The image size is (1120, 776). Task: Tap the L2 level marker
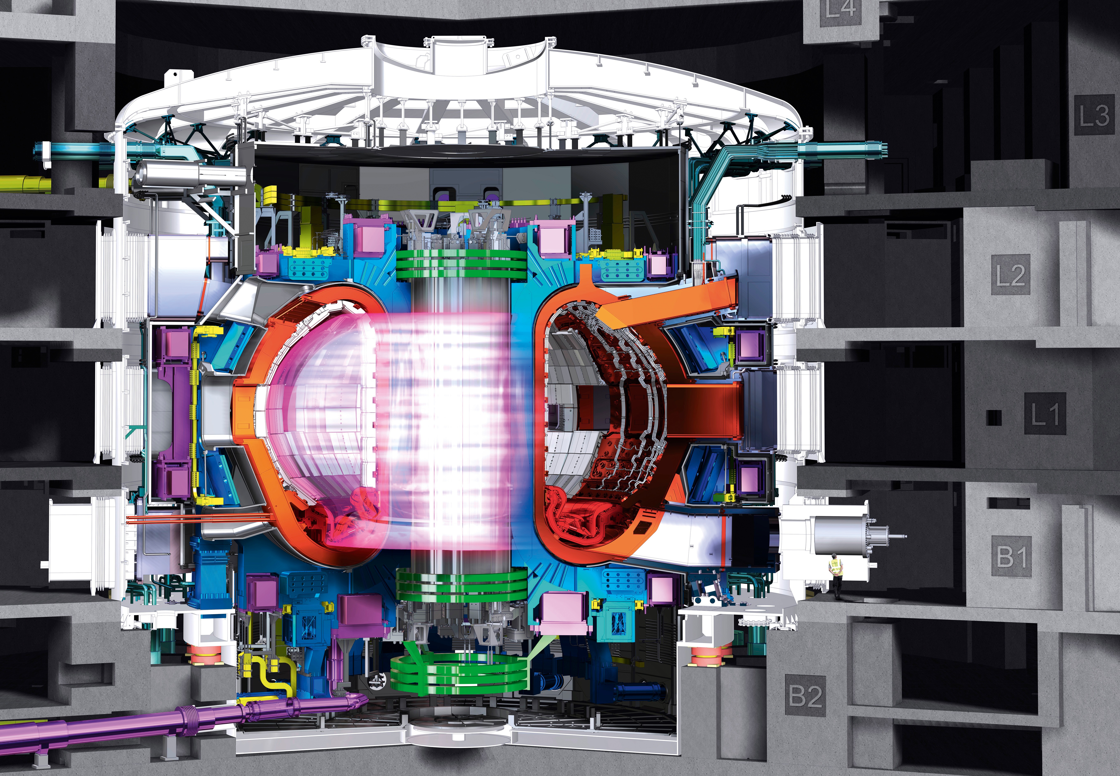1011,275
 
